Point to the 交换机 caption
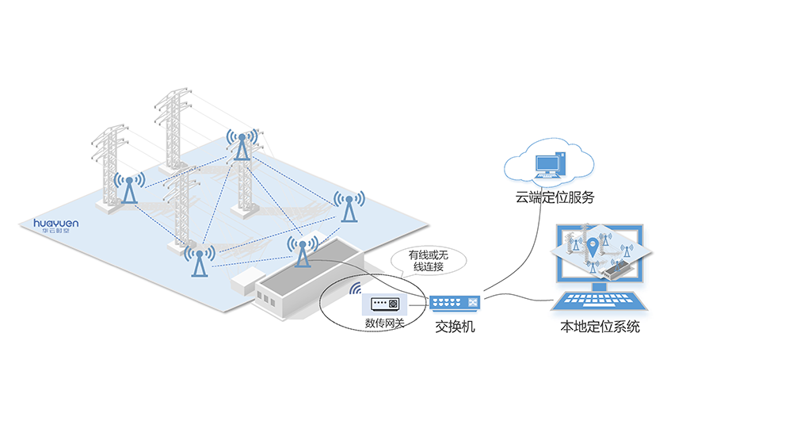[455, 326]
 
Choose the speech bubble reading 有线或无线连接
[428, 260]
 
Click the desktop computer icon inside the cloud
[551, 165]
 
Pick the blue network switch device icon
[455, 303]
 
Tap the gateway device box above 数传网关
[384, 304]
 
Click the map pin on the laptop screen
[592, 247]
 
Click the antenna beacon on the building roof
[302, 252]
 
